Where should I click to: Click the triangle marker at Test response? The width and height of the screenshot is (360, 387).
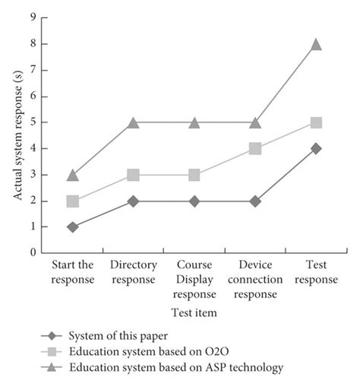(316, 45)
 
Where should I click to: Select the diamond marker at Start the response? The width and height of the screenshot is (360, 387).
(73, 227)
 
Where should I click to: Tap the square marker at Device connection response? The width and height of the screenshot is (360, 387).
(255, 149)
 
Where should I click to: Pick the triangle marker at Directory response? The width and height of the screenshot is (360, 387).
(134, 122)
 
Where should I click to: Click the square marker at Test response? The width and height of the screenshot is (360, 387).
(316, 122)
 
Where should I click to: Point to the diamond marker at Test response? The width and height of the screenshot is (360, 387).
(316, 148)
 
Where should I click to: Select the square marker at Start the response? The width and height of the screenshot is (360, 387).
(73, 201)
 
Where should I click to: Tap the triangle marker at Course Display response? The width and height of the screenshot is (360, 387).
(194, 122)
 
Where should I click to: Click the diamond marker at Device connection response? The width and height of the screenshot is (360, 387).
(255, 201)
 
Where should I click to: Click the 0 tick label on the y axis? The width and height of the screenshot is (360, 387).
(33, 252)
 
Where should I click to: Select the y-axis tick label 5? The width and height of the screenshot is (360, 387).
(33, 122)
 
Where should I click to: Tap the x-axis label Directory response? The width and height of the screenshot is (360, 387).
(134, 272)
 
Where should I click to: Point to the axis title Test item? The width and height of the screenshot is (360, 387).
(194, 311)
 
